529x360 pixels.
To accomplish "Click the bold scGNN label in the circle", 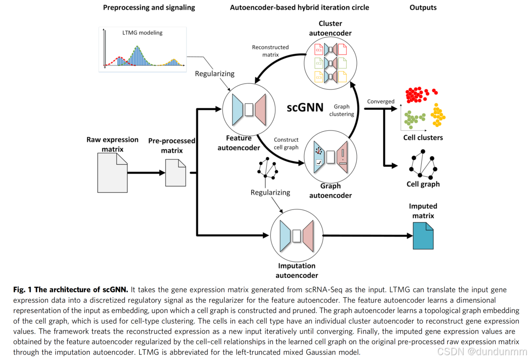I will pyautogui.click(x=305, y=108).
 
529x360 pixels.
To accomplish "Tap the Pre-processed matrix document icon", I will pyautogui.click(x=175, y=173).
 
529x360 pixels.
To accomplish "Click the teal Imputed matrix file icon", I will pyautogui.click(x=423, y=236).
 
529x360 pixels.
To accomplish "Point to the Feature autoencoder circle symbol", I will pyautogui.click(x=249, y=110).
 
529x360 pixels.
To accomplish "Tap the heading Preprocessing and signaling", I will pyautogui.click(x=149, y=7).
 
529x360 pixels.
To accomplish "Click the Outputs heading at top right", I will pyautogui.click(x=423, y=7).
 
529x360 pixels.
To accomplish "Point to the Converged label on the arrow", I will pyautogui.click(x=381, y=101).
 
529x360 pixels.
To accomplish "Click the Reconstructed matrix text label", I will pyautogui.click(x=270, y=51).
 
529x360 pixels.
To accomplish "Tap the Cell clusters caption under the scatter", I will pyautogui.click(x=423, y=138).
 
